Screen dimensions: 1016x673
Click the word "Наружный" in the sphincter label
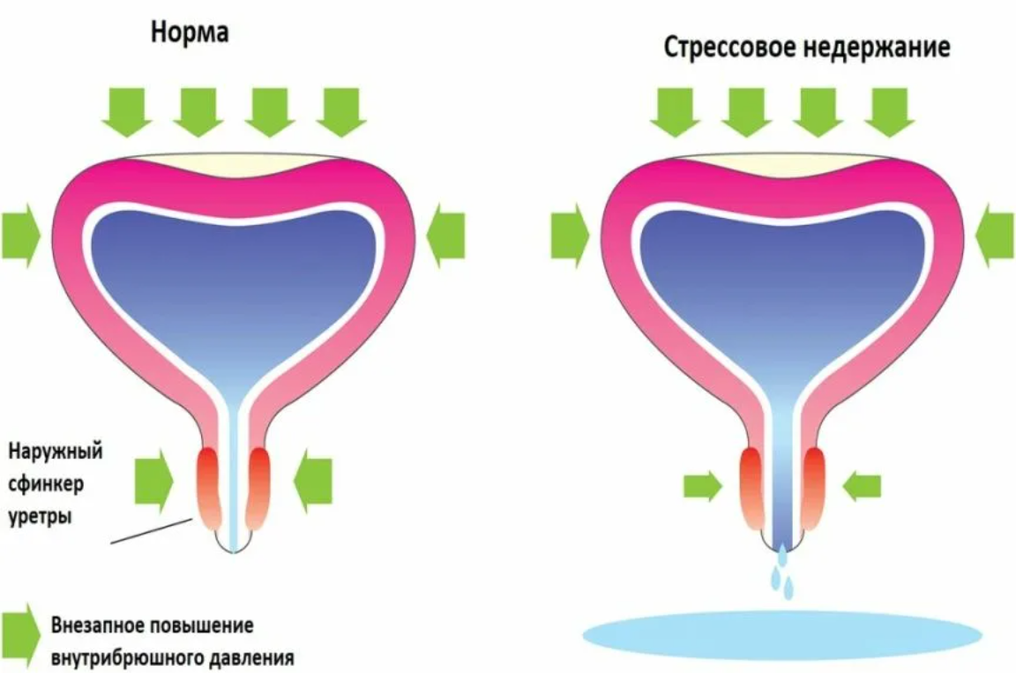tap(55, 452)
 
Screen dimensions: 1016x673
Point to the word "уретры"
tap(40, 517)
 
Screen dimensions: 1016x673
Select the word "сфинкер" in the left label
tap(46, 484)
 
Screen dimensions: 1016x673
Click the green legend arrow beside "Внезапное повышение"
tap(21, 635)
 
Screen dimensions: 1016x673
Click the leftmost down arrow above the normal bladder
tap(126, 112)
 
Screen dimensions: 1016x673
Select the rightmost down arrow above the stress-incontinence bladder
tap(889, 112)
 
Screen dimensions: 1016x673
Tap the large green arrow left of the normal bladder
tap(21, 236)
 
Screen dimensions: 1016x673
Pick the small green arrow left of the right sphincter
tap(702, 485)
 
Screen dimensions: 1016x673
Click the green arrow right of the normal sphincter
tap(313, 482)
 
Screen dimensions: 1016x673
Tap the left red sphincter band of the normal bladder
tap(209, 488)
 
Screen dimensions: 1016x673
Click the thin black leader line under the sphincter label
tap(152, 530)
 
